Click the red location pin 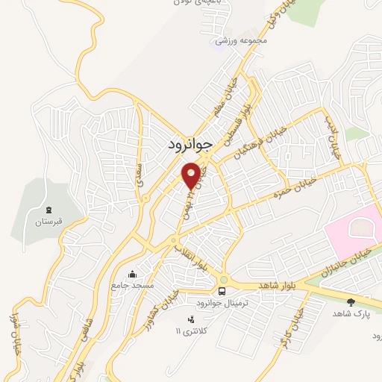192,175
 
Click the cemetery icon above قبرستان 49,210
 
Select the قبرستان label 49,222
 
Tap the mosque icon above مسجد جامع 133,274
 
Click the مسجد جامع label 132,286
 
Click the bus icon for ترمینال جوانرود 222,290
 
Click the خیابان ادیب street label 333,138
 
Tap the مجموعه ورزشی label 241,41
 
